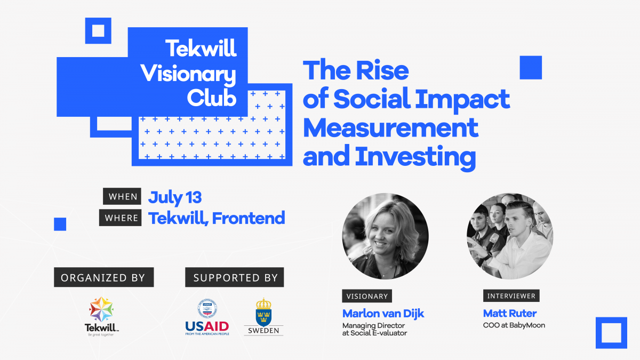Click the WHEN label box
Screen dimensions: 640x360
tap(122, 196)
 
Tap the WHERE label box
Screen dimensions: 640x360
tap(121, 218)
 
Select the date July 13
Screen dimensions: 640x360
tap(175, 198)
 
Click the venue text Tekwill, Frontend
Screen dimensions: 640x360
tap(217, 218)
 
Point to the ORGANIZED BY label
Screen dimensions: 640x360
tap(103, 277)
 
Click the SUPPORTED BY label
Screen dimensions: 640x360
tap(235, 277)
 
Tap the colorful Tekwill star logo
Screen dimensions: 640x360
tap(101, 309)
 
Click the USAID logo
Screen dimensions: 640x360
tap(207, 317)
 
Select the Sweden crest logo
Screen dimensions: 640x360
tap(263, 317)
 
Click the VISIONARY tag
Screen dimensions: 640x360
tap(367, 296)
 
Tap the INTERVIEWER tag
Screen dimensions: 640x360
tap(511, 295)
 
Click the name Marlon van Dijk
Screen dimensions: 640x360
tap(383, 314)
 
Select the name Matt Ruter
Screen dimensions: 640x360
tap(510, 314)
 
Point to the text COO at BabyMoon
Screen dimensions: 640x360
tap(514, 325)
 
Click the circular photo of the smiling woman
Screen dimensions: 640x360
tap(385, 236)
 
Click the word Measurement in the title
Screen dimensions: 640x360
tap(390, 128)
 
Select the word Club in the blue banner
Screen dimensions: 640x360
tap(212, 98)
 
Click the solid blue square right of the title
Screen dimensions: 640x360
tap(531, 67)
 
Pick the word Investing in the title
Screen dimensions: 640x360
tap(415, 157)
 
